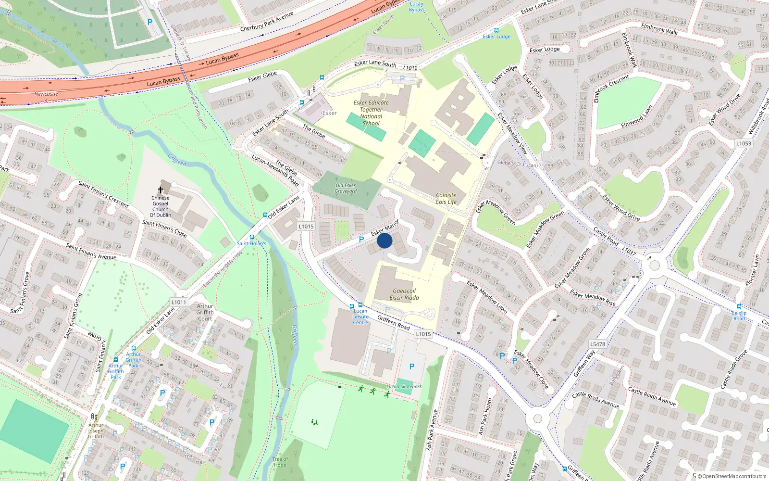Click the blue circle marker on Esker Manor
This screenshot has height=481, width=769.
point(384,240)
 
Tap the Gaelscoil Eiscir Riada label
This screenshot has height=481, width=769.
point(404,294)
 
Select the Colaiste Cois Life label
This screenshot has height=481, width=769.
point(446,199)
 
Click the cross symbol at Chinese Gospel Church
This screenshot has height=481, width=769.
point(161,190)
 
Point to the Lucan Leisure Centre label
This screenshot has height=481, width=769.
point(360,316)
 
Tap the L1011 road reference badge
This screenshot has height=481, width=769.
point(178,302)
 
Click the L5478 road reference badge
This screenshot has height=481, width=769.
point(597,344)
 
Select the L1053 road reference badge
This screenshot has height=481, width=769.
point(744,143)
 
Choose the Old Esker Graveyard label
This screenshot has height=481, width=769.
point(346,188)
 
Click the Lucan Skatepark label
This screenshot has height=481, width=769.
point(404,386)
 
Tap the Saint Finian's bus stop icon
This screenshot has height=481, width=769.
point(252,237)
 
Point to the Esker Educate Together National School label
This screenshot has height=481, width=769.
point(371,113)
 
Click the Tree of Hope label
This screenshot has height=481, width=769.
point(280,462)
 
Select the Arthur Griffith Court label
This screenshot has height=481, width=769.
point(205,312)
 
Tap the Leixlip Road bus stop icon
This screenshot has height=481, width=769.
point(739,306)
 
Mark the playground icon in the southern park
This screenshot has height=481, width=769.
point(314,422)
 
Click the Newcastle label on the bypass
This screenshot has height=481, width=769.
point(46,94)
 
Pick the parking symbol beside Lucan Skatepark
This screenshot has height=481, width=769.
point(412,367)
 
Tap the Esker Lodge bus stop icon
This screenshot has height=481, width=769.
point(496,30)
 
